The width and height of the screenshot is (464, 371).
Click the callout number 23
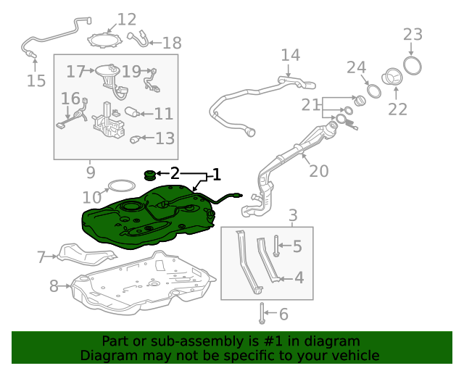coord(413,34)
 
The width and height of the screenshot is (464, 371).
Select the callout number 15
coord(36,80)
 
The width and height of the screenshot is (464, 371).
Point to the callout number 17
coord(75,72)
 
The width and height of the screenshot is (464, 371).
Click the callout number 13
coord(165,138)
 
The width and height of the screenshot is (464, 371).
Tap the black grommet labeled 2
coord(150,175)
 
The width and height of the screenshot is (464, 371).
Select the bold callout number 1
coord(217,175)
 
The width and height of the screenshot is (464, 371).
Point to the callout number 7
coord(41,257)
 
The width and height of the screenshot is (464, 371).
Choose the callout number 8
coord(54,286)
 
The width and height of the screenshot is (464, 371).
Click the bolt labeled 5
coord(276,246)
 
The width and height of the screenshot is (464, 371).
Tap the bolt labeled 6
coord(262,313)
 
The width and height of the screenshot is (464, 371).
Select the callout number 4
coord(299,278)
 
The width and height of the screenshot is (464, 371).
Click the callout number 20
coord(319,171)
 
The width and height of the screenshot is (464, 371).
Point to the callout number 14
coord(290,55)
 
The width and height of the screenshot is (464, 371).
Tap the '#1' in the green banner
coord(273,341)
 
